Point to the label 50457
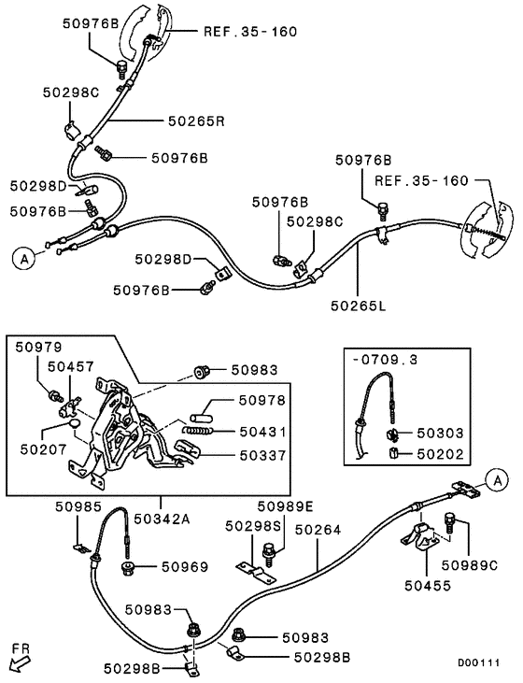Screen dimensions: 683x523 [x=71, y=367]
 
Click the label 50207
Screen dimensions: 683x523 [x=39, y=448]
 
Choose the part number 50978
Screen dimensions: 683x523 [x=262, y=400]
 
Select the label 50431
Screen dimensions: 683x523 [x=262, y=432]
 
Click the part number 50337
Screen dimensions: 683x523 [x=262, y=455]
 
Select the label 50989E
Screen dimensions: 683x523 [x=286, y=507]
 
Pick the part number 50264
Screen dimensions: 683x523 [x=318, y=529]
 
